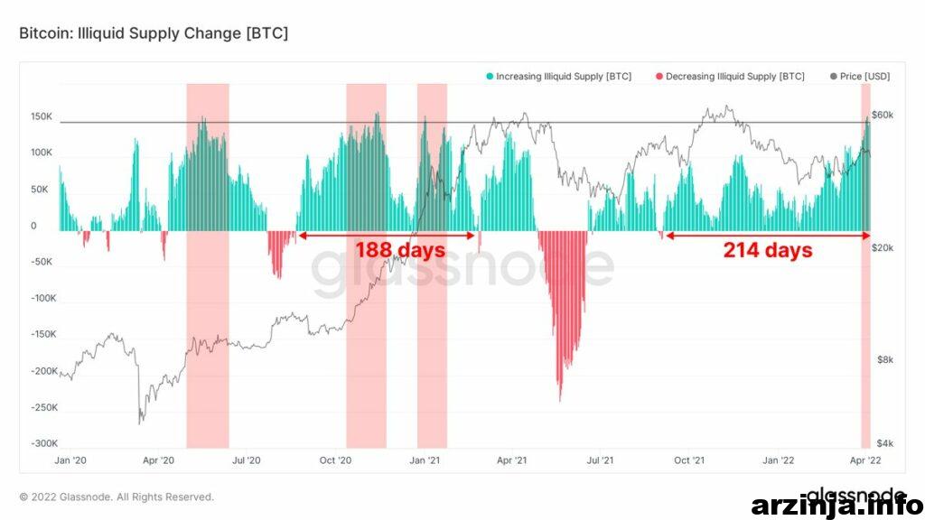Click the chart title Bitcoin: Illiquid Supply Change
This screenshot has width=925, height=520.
[x=154, y=33]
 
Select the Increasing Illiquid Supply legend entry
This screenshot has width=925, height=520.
[x=558, y=77]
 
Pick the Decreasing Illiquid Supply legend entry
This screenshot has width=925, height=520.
[x=730, y=77]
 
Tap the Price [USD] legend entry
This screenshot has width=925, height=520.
[x=860, y=77]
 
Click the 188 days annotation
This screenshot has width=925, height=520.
[x=400, y=250]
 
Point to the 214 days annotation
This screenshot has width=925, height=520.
[x=768, y=250]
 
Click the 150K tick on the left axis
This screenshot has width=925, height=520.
[x=42, y=116]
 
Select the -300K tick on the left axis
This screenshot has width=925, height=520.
[x=44, y=443]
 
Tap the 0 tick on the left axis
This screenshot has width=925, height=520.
[x=33, y=226]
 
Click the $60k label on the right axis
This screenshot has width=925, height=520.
[x=883, y=115]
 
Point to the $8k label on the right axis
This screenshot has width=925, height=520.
[x=885, y=359]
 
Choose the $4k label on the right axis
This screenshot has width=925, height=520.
[x=885, y=443]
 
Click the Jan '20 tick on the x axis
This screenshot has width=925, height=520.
[x=70, y=460]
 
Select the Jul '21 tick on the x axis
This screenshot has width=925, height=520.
[x=600, y=460]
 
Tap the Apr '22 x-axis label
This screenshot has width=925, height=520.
[x=865, y=460]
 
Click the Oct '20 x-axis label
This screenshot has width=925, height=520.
[x=335, y=460]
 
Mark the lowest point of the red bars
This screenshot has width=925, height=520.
[x=560, y=401]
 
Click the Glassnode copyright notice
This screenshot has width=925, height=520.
[x=117, y=497]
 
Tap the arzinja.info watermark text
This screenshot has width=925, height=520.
[x=837, y=506]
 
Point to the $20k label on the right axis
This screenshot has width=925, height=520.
[x=883, y=248]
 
